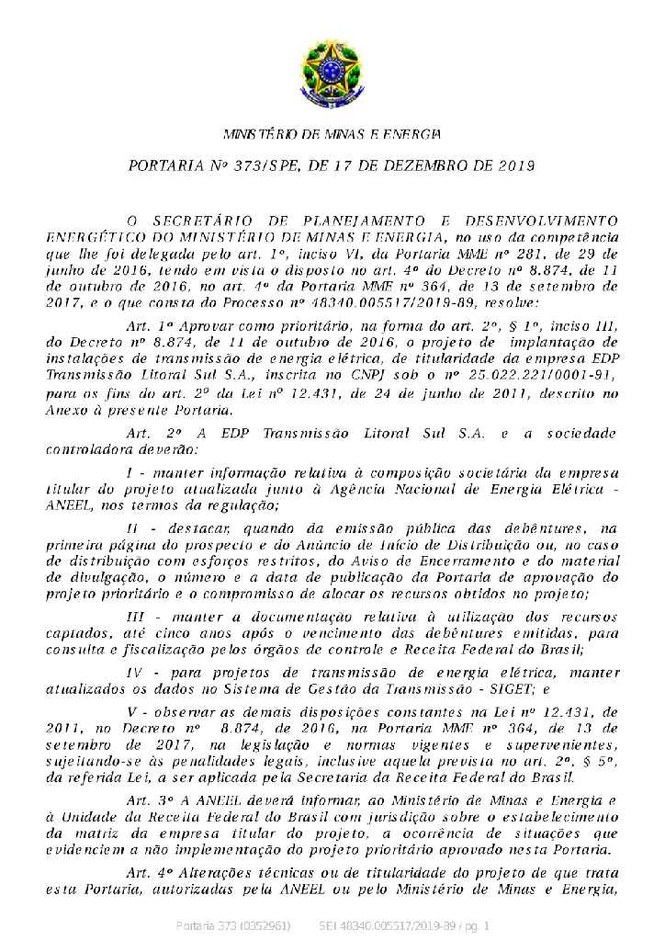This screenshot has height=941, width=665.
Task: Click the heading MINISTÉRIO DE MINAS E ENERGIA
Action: coord(332,135)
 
